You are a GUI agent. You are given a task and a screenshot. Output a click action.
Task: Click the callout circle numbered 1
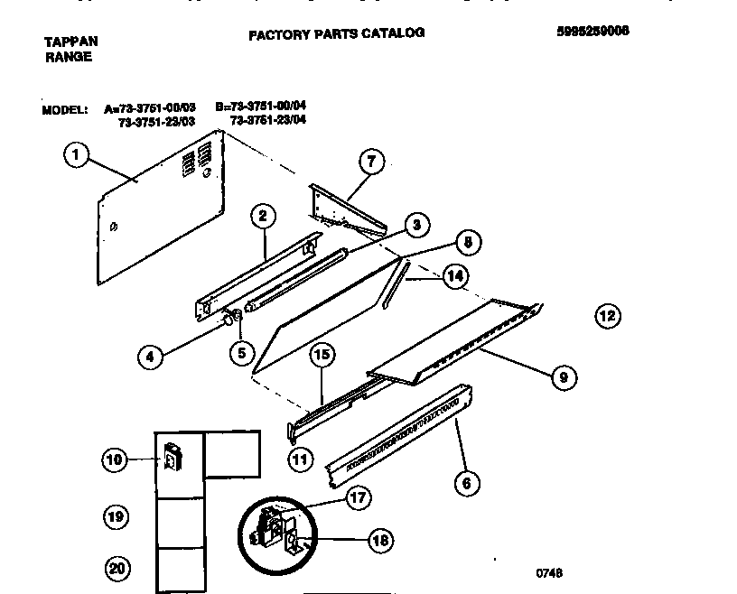76,155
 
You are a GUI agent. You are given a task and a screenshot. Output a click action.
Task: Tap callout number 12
608,315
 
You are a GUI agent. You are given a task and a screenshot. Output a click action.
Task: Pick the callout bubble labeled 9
563,378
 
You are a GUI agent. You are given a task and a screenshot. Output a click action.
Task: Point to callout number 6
466,484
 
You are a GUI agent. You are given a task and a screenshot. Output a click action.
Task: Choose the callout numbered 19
115,517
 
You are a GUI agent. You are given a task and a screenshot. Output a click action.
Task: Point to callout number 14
456,276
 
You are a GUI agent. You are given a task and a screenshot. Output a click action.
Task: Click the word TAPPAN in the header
71,42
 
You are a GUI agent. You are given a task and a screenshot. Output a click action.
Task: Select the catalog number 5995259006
592,30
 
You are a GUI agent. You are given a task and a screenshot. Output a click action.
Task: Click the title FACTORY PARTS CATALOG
336,33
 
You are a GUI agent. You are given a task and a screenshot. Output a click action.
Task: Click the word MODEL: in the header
64,110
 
